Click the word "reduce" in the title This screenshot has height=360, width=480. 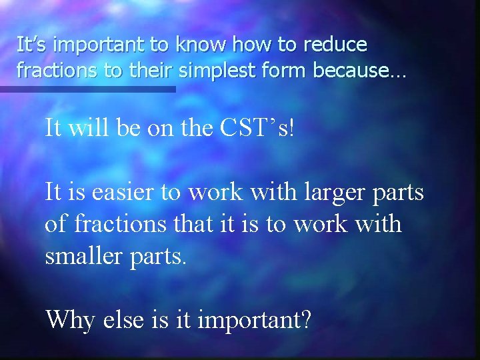(336, 45)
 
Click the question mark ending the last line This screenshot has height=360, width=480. (305, 320)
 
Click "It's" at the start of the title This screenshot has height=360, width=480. (32, 45)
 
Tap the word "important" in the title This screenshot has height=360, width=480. (99, 45)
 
